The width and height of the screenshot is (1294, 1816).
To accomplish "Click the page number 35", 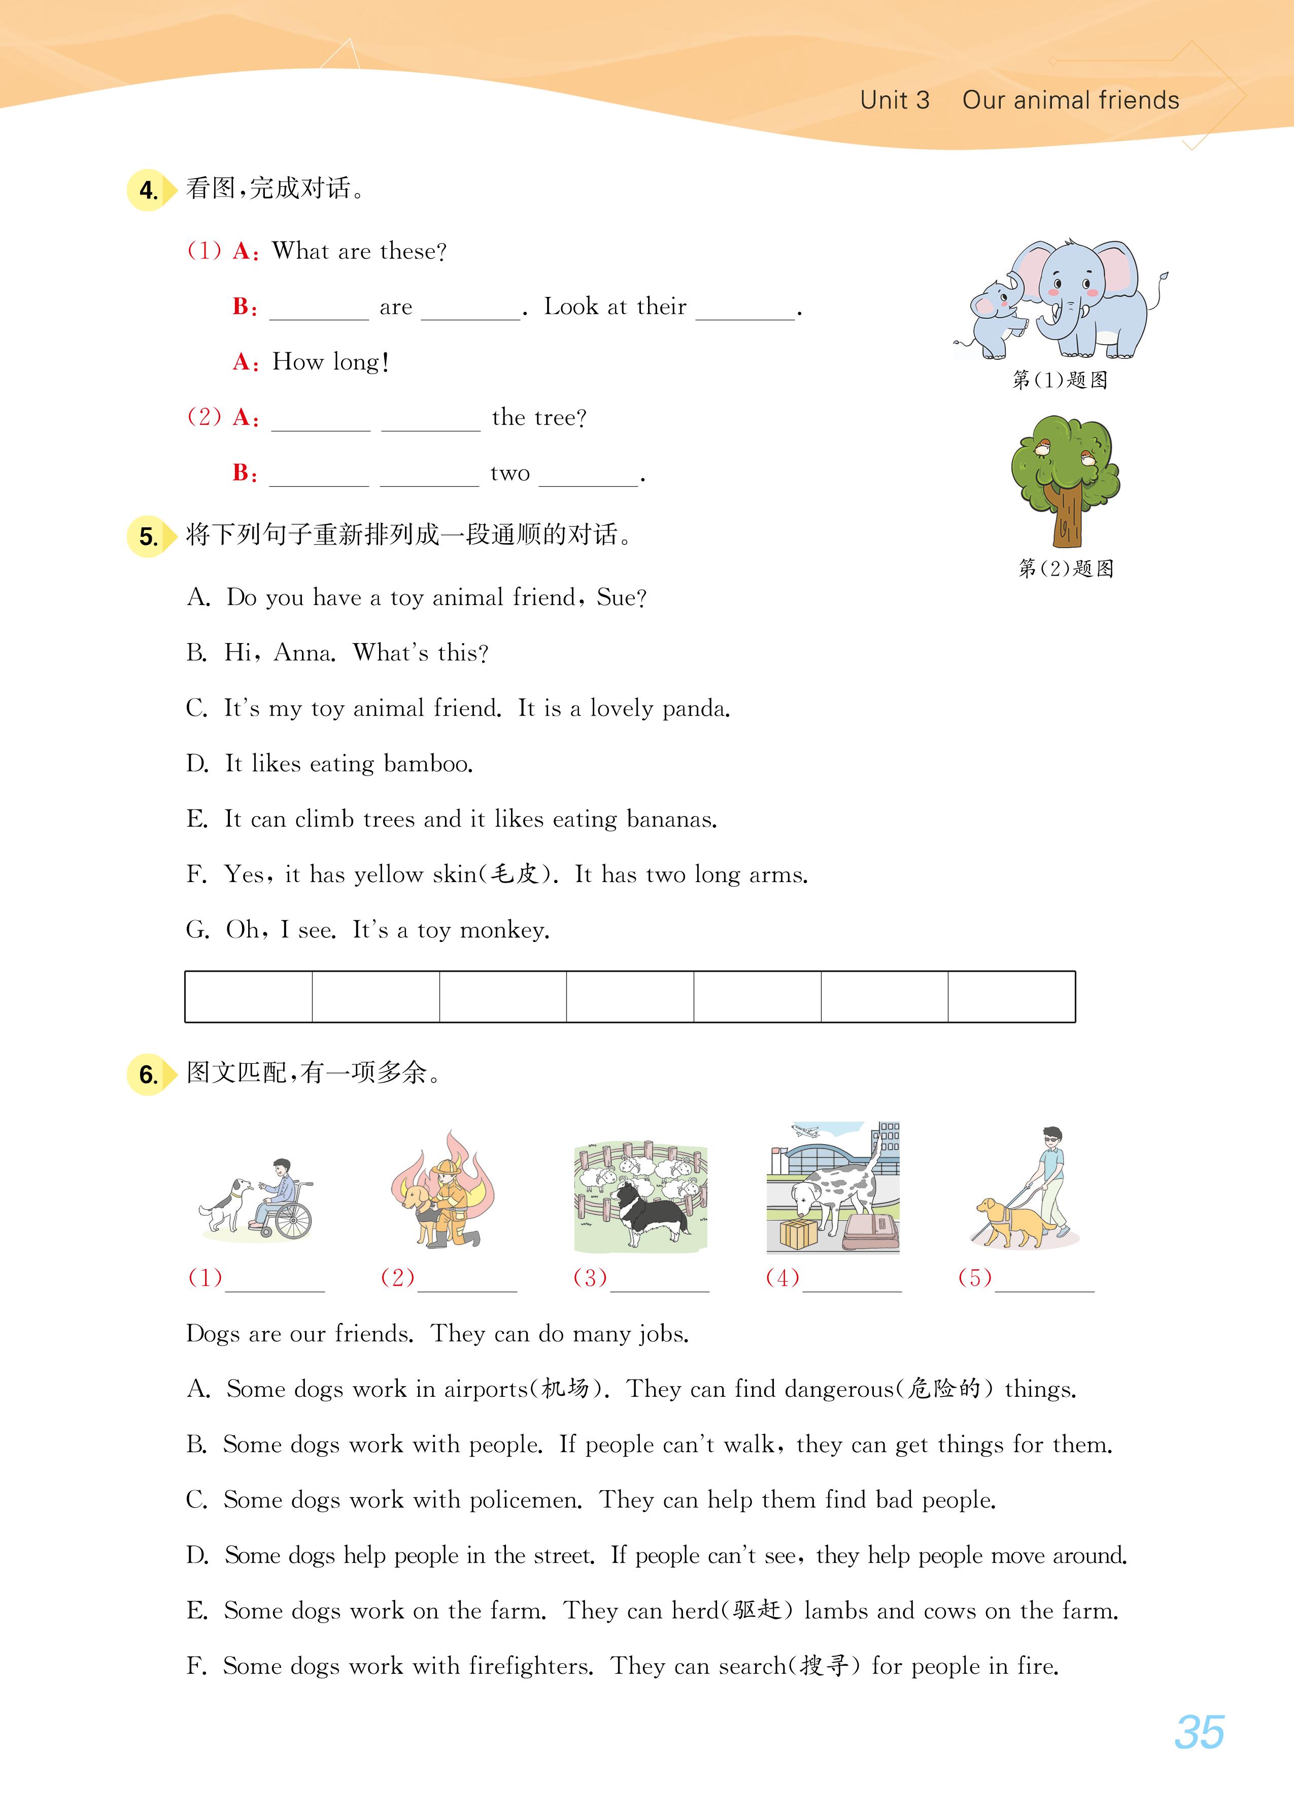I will (1199, 1732).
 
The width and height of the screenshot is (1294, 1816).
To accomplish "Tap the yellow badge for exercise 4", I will (149, 190).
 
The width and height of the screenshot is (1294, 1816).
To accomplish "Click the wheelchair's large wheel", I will (293, 1219).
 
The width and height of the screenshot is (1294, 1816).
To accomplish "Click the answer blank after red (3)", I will (659, 1279).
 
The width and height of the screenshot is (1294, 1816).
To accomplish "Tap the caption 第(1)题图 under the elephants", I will (1060, 380).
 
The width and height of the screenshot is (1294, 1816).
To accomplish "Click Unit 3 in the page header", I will (894, 100).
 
